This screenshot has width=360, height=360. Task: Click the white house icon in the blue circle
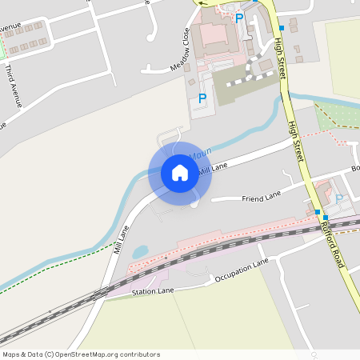pos(179,173)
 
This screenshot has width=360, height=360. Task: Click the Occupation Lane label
pos(242,273)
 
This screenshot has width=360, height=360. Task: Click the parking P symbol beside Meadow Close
pos(202,99)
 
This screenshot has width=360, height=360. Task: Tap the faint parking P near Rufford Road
pos(338,198)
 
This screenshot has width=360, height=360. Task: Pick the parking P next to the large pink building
pos(238,18)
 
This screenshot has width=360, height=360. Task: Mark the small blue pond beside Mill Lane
pos(140,251)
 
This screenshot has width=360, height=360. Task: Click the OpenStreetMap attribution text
pos(81,354)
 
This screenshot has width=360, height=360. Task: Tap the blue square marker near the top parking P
pos(281,28)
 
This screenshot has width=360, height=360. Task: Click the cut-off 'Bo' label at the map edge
pos(355,169)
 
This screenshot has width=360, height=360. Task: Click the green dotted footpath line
pos(56,265)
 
